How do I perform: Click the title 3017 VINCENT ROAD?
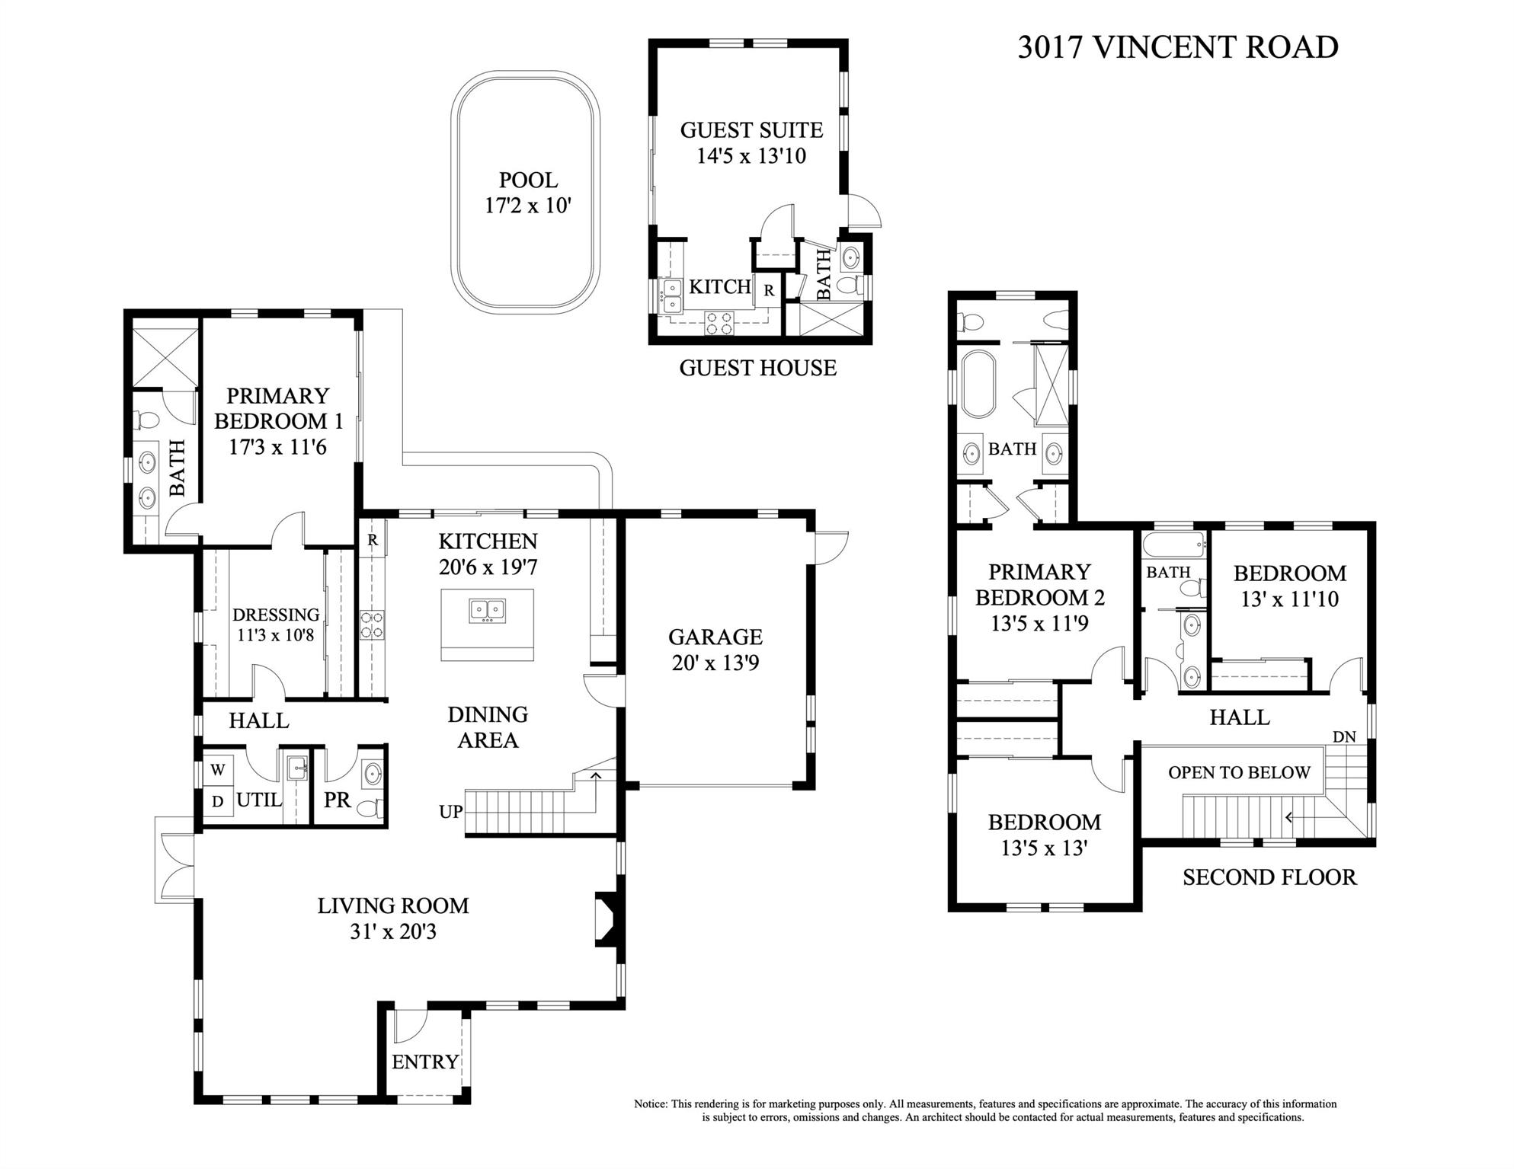[1177, 47]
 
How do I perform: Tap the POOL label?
[528, 180]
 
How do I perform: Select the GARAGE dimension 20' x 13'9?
[715, 663]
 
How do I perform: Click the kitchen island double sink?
[487, 611]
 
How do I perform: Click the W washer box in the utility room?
[218, 770]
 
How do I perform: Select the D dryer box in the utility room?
[218, 801]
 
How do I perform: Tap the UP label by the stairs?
[450, 812]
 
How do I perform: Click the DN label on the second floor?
[1343, 737]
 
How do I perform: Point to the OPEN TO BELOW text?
[1239, 772]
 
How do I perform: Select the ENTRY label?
[424, 1062]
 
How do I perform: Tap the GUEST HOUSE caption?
[757, 369]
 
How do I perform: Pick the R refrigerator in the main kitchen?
[373, 541]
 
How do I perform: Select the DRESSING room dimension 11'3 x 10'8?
[275, 634]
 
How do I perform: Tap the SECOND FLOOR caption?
[1269, 877]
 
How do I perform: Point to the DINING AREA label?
[488, 727]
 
